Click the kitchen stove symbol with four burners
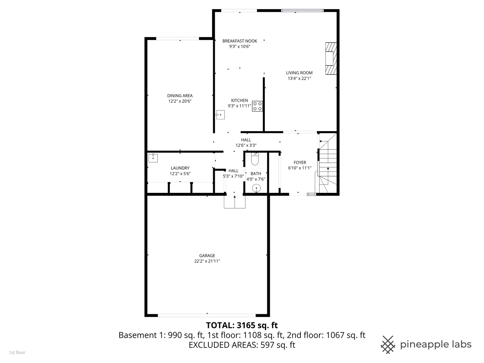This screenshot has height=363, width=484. coord(257,106)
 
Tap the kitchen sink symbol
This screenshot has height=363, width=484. coord(220,115)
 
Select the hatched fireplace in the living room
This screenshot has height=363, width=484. coord(331,58)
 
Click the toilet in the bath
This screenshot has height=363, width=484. coord(255,159)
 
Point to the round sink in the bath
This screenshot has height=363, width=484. coord(256,188)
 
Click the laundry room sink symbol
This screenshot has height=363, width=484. coord(153,158)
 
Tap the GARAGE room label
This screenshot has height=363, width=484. coord(207,256)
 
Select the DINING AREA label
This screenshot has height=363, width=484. coord(180,96)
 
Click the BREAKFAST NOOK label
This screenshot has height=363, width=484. coord(240,41)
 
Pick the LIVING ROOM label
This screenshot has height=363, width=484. coord(299,73)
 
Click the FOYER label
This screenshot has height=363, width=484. coord(300,163)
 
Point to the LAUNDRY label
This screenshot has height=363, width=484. coord(180,168)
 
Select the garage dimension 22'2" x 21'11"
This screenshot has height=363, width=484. coord(207,261)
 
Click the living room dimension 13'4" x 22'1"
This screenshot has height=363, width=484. coord(299,78)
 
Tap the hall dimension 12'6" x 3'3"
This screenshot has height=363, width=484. coord(246,146)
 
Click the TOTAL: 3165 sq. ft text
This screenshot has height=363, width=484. coord(242,325)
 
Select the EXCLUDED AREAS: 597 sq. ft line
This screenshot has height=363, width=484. coord(242,345)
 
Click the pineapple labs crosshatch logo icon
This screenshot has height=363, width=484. coord(388,345)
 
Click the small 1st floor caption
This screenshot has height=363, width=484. coord(17,353)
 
